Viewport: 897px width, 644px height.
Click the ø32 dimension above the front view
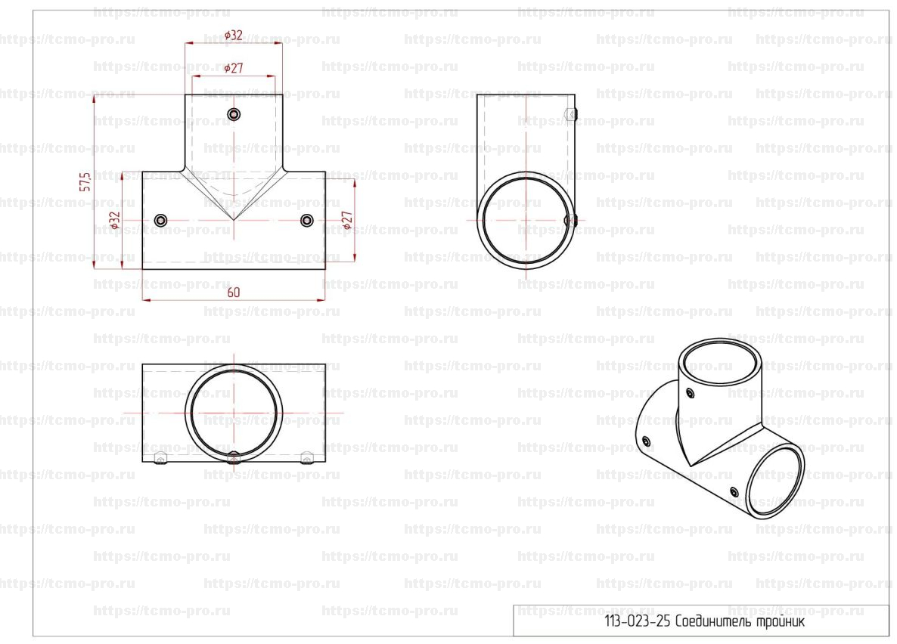234,35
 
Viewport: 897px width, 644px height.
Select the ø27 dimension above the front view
234,67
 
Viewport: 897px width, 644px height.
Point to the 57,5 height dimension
85,182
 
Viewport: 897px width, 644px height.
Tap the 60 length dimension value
234,293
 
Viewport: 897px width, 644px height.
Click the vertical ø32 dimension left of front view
115,220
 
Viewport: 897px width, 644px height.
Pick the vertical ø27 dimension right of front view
347,220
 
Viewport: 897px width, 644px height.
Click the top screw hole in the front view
234,114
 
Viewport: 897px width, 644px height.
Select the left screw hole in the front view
161,220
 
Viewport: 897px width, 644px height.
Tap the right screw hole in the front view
307,220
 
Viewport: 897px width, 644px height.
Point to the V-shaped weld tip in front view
234,220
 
